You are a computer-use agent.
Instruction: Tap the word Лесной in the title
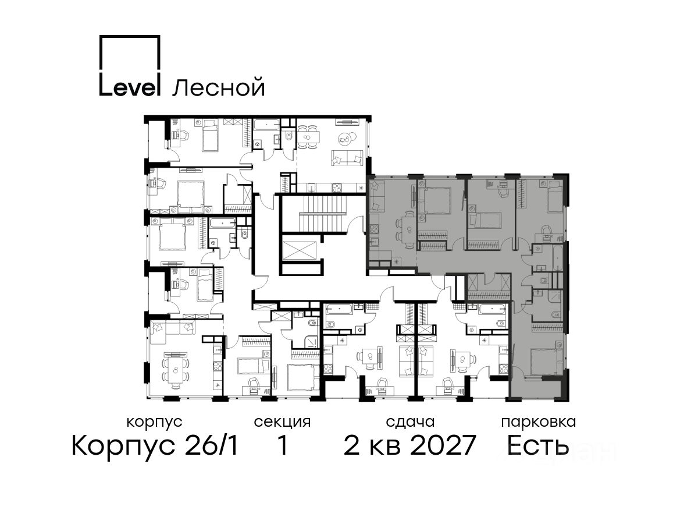[x=219, y=88]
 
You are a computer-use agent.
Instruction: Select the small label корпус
[x=154, y=423]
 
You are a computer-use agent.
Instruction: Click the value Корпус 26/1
[x=155, y=446]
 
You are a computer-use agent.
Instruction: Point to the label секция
[x=282, y=423]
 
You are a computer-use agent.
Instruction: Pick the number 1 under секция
[x=282, y=445]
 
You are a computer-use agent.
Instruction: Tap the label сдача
[x=410, y=423]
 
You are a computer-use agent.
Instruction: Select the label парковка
[x=539, y=423]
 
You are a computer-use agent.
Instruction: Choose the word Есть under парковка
[x=537, y=446]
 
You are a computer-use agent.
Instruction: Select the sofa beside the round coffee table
[x=347, y=158]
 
